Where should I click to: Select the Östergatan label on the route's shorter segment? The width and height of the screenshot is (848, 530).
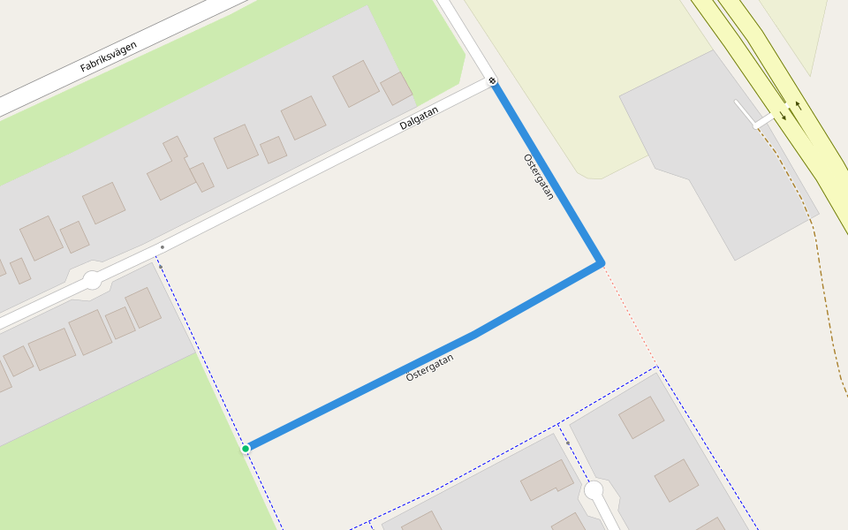[x=539, y=177]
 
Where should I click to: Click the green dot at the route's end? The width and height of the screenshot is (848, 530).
[x=246, y=449]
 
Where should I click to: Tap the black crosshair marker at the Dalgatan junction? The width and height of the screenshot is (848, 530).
[x=492, y=81]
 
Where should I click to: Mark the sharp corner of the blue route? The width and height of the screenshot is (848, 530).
[x=602, y=262]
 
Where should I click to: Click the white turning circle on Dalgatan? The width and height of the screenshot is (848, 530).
[x=92, y=281]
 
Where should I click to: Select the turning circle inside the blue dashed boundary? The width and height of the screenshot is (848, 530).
[x=594, y=489]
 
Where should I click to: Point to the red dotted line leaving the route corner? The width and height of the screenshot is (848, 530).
[x=629, y=314]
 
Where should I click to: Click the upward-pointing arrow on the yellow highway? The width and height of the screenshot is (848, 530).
[x=799, y=106]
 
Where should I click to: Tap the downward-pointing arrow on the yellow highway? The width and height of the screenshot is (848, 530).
[x=784, y=117]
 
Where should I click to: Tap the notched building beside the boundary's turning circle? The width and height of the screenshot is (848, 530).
[x=548, y=480]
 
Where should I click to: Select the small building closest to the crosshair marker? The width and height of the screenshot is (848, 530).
[x=396, y=88]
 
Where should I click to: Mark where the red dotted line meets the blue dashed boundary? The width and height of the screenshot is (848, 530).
[x=656, y=367]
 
